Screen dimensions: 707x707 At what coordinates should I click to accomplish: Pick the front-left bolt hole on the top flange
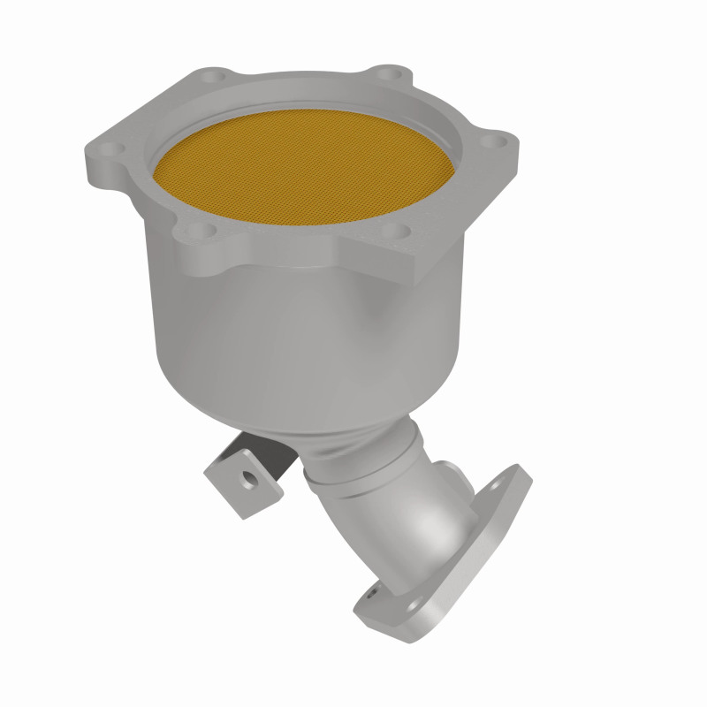click(x=195, y=231)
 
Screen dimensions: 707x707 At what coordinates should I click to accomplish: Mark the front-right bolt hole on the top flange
click(x=403, y=232)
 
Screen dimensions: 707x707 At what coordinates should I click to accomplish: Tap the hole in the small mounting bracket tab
click(x=250, y=483)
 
